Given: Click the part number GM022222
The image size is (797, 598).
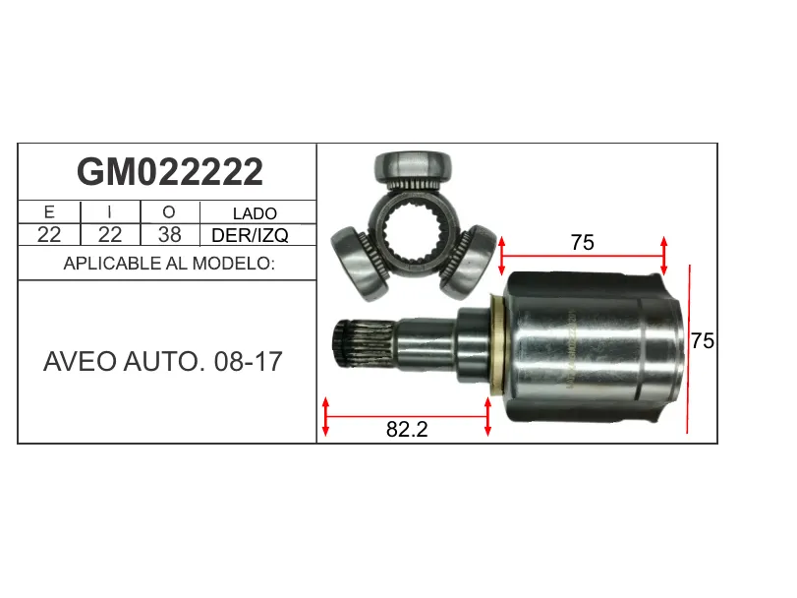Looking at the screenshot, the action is (x=170, y=172).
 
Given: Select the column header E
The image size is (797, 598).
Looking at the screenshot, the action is (x=49, y=211).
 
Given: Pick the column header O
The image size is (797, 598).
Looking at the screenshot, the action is (x=169, y=211).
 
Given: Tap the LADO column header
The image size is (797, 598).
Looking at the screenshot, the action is (x=255, y=213).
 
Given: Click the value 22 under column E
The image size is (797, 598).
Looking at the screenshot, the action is (x=49, y=234).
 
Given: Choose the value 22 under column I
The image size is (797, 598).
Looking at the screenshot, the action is (x=110, y=234).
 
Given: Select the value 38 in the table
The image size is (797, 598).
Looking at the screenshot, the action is (x=169, y=234).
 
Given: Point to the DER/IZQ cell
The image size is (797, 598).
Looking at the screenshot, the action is (x=250, y=235).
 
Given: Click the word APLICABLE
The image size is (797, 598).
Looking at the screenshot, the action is (x=112, y=264).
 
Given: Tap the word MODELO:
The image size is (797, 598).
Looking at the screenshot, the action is (x=233, y=264).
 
